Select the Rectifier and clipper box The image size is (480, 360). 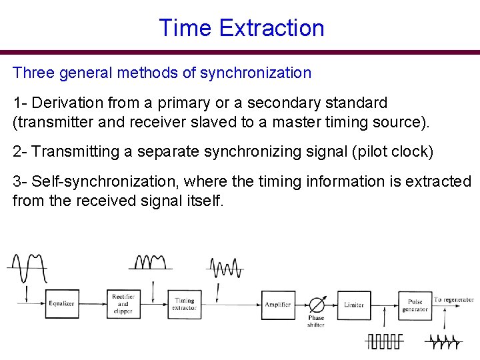coord(123,304)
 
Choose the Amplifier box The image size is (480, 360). coord(278,304)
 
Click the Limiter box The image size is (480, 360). coord(354,304)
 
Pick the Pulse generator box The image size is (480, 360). coord(415,305)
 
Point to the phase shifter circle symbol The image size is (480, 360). coord(316,305)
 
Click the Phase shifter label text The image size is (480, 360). coord(316,321)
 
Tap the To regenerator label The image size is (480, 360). coord(453,300)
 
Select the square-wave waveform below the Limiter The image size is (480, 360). coord(385,341)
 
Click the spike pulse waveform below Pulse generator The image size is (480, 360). coord(444,341)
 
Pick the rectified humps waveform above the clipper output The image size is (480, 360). coord(152,263)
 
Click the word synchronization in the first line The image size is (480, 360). coord(259,73)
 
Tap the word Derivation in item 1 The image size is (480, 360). coord(65,103)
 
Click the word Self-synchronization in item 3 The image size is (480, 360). coord(106,181)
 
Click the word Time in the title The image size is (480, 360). coord(185,28)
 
